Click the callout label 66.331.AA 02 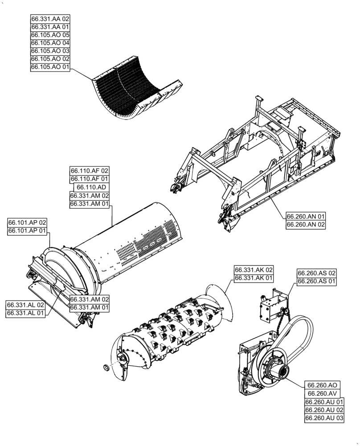(50, 19)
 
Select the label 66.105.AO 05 (50, 35)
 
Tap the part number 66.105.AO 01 (50, 67)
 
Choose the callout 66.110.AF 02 (89, 171)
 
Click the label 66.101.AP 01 (27, 231)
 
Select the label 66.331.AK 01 (254, 278)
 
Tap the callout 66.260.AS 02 (317, 273)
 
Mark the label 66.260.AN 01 (306, 217)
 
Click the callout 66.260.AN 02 (306, 225)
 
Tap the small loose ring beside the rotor (106, 368)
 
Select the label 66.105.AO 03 (50, 51)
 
